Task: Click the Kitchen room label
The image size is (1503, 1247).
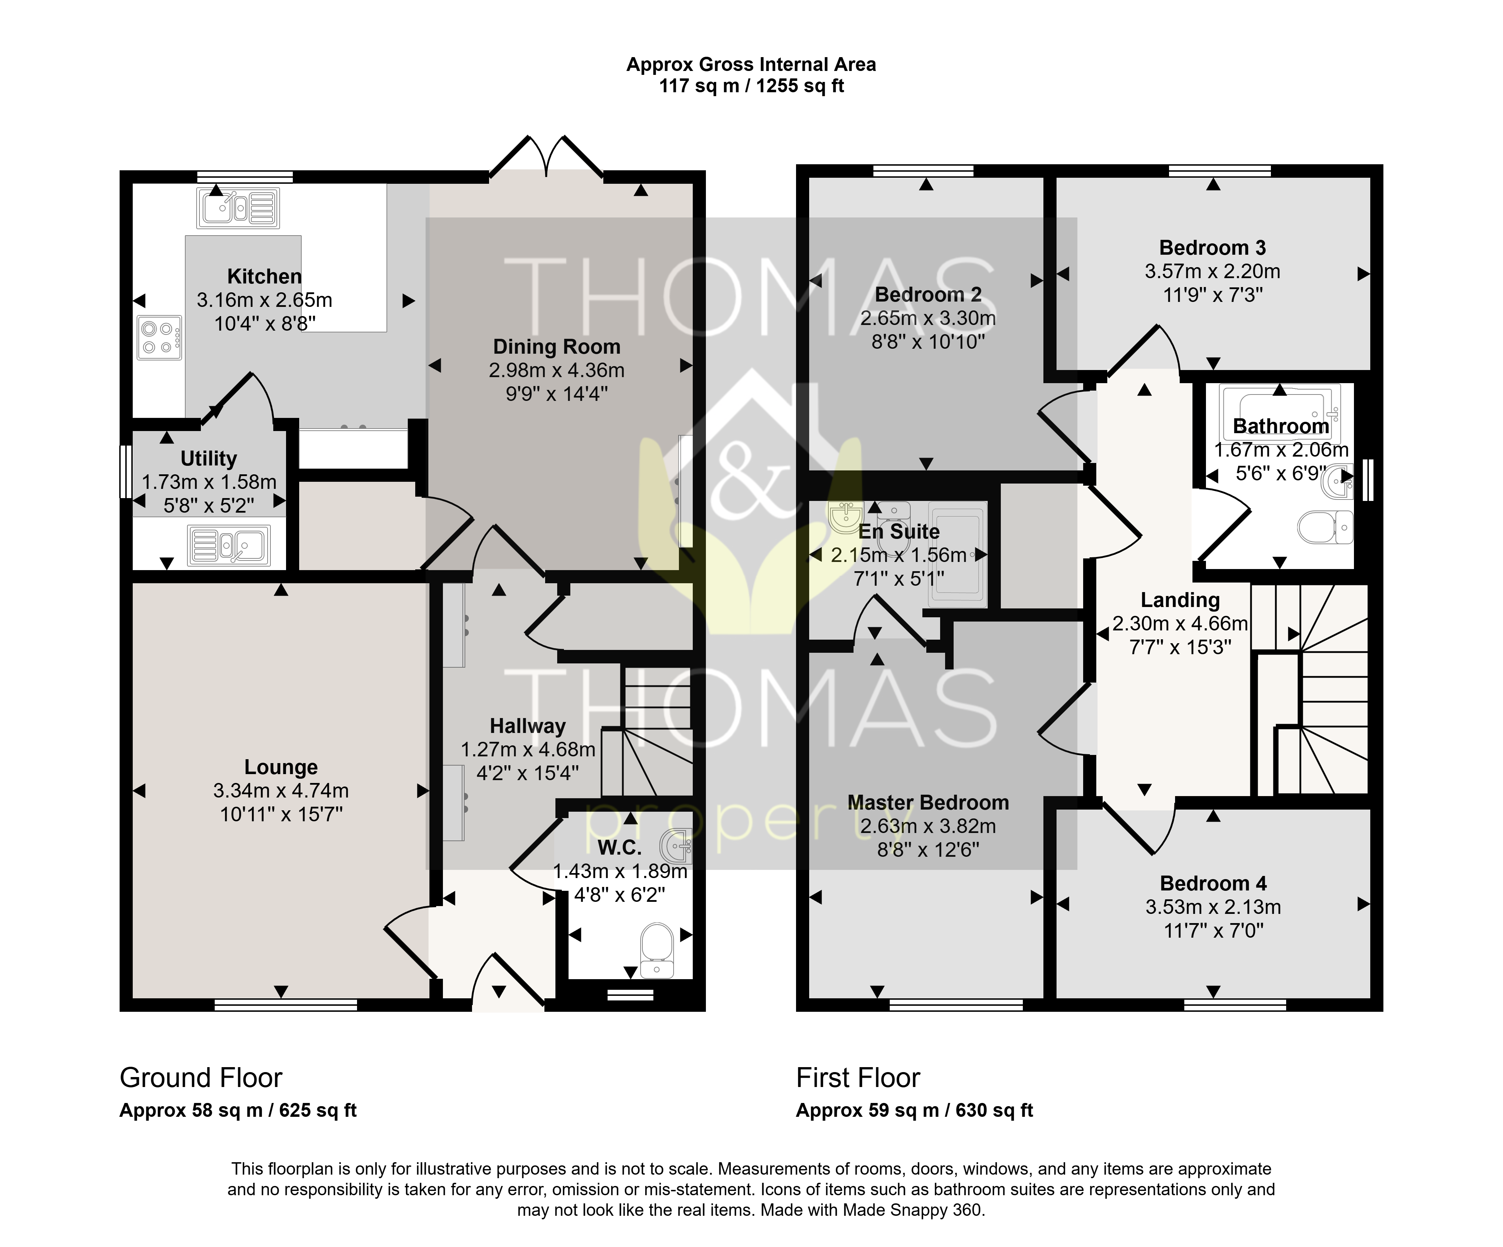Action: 264,276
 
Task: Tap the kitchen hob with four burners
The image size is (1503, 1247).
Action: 159,338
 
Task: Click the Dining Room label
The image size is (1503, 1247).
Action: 557,347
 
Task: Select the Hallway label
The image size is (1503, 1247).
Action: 527,726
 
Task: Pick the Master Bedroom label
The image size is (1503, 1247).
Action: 928,803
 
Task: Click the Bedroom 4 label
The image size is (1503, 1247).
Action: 1213,884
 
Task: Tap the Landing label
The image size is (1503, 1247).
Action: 1180,600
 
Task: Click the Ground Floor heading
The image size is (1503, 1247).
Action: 201,1077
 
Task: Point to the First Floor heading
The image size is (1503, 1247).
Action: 858,1077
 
